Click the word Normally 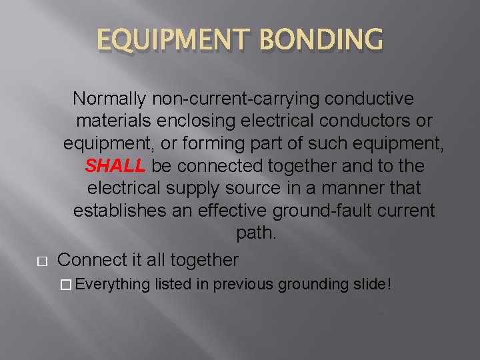110,99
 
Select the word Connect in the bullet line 89,259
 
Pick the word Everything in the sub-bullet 113,285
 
